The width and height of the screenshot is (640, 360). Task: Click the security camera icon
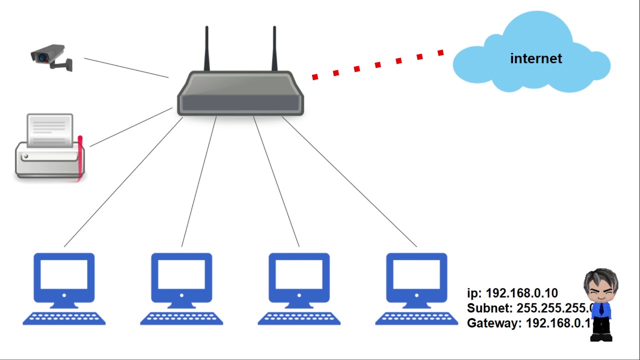51,56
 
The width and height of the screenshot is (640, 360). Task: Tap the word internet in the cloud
536,58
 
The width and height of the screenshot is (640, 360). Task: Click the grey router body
240,95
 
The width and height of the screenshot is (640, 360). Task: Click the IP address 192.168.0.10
521,293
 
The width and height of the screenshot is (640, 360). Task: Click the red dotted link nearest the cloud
440,52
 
